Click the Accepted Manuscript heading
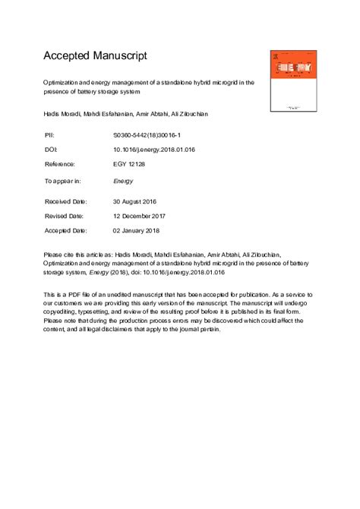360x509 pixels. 95,55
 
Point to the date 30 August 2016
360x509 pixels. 137,201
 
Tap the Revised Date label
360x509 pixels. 65,216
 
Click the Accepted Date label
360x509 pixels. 66,230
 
